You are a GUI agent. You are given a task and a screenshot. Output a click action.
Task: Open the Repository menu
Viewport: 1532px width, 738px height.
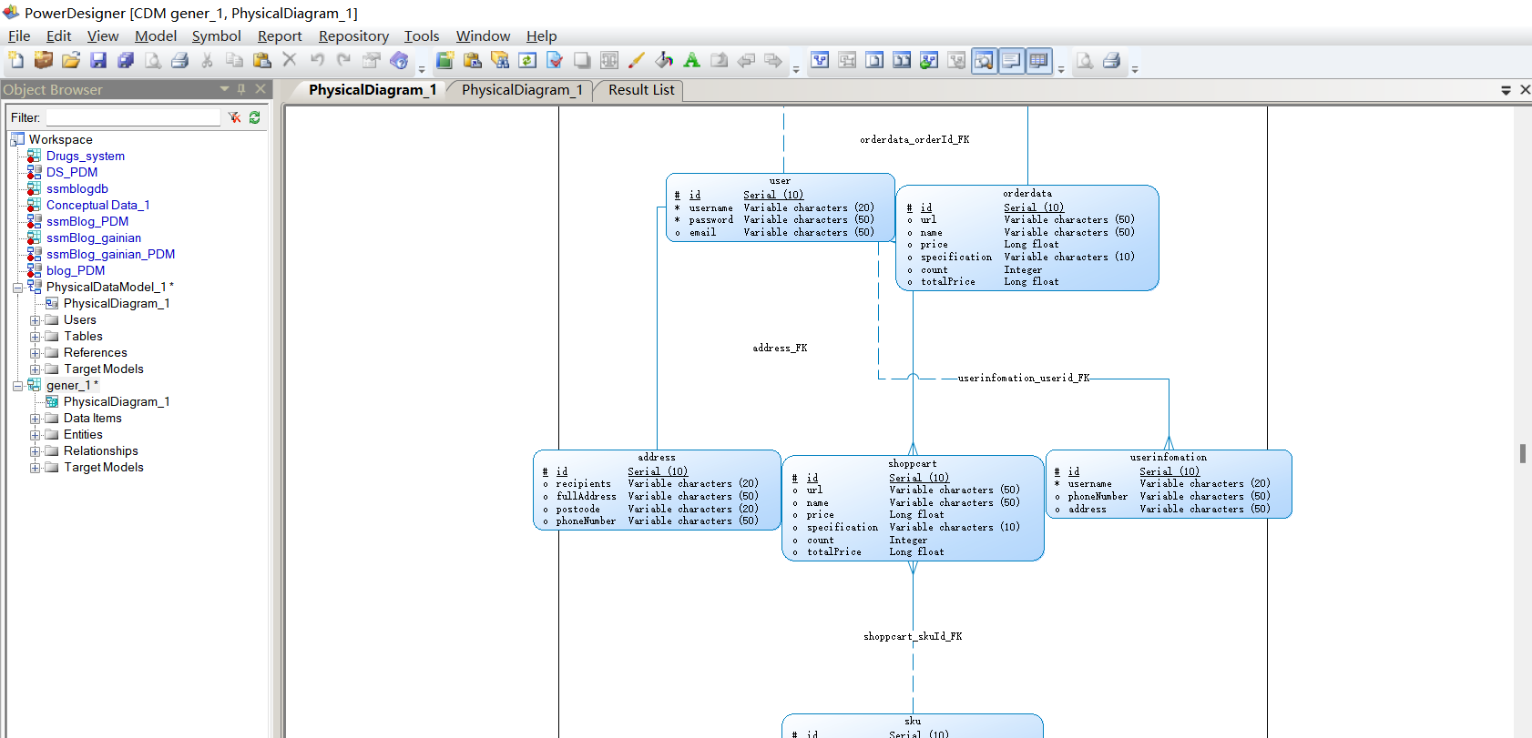click(353, 36)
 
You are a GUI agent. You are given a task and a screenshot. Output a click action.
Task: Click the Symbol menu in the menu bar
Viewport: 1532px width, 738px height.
click(216, 36)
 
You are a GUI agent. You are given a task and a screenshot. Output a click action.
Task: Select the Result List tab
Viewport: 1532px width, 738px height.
click(641, 90)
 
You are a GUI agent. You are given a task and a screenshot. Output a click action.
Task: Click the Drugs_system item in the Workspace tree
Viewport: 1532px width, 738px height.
click(86, 157)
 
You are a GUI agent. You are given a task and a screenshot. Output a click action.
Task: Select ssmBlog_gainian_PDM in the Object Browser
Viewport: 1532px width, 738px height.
click(110, 255)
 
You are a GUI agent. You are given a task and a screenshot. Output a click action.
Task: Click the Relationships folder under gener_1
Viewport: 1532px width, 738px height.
click(100, 451)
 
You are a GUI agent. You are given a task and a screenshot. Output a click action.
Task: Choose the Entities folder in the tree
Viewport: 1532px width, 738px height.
click(83, 435)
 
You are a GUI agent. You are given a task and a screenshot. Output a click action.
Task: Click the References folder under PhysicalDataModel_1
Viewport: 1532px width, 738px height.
click(95, 353)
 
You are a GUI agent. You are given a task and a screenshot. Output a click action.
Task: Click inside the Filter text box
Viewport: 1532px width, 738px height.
click(133, 117)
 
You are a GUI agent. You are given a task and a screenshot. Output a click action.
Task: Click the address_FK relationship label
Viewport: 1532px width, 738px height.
click(780, 349)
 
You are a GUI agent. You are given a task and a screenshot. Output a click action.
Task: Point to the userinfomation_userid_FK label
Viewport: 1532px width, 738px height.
click(1023, 379)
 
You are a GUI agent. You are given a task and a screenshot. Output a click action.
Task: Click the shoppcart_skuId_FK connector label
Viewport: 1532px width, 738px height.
click(913, 637)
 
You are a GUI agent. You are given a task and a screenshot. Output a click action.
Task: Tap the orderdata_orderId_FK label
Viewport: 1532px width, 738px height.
click(914, 140)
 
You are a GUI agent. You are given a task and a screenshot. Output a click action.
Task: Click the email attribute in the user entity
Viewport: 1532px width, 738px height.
click(702, 233)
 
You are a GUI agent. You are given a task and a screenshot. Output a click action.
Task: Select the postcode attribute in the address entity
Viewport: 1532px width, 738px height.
click(577, 510)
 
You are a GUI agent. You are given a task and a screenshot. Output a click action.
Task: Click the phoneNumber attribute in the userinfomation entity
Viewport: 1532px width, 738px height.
click(1098, 497)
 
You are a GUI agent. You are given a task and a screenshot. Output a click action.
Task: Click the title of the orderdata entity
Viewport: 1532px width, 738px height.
click(1026, 194)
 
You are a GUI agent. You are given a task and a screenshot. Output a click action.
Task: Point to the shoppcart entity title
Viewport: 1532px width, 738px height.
click(912, 464)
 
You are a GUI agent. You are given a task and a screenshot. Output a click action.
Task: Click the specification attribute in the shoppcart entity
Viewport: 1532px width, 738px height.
click(842, 528)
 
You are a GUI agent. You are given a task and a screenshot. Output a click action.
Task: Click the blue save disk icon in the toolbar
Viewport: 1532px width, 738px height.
click(98, 61)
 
